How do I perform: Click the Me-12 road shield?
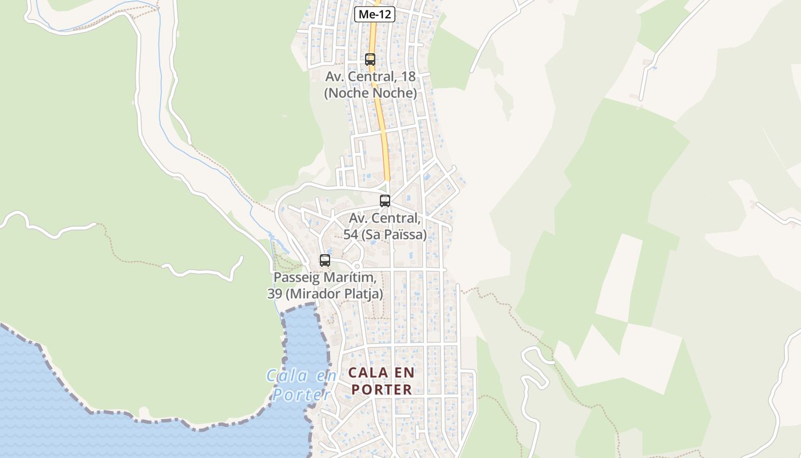375,14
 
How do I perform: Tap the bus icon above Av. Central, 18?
370,59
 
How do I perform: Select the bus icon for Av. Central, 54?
385,201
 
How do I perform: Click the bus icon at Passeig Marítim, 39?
325,260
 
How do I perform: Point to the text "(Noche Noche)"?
370,93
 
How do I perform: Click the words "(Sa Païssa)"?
392,235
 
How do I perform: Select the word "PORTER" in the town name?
382,390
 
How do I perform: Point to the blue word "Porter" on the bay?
302,394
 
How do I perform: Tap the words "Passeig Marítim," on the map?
325,278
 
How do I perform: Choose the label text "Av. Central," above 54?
385,218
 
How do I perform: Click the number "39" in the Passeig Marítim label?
275,294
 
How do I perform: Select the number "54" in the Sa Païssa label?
350,235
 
